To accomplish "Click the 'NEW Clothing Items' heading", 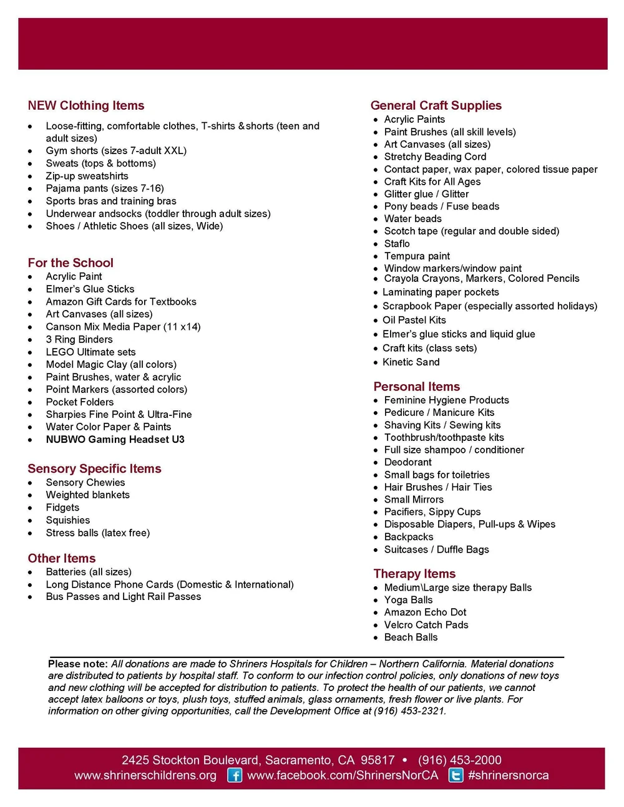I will [x=86, y=105].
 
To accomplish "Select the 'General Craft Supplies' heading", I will [x=436, y=105].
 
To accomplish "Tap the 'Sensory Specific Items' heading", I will [x=94, y=468].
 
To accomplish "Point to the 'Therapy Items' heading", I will [x=414, y=573].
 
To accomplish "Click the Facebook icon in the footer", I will [x=235, y=775].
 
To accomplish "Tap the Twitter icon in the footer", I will [x=456, y=775].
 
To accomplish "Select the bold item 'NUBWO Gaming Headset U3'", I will [x=115, y=439].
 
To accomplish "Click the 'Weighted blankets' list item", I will [x=87, y=495].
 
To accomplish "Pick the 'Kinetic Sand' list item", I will [x=411, y=362].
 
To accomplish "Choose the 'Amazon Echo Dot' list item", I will [x=425, y=612].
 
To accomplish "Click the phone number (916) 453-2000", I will [x=459, y=760].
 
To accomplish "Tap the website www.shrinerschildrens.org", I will [x=145, y=775].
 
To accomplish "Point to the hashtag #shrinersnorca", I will [x=508, y=775].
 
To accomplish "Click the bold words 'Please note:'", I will [x=78, y=664].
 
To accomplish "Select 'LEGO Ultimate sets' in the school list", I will [x=90, y=352].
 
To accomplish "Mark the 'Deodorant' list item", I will [x=407, y=462].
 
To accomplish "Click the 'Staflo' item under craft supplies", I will [x=397, y=243].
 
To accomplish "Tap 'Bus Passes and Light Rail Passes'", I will [x=124, y=596].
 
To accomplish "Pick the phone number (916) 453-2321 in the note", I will [x=409, y=711].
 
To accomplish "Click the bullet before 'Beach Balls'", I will [x=376, y=637].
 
